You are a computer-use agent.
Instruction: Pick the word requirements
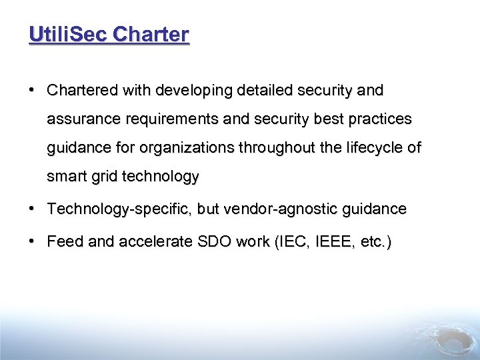pyautogui.click(x=161, y=119)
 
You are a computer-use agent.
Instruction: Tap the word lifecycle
pyautogui.click(x=372, y=148)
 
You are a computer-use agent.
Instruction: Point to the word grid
pyautogui.click(x=101, y=177)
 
